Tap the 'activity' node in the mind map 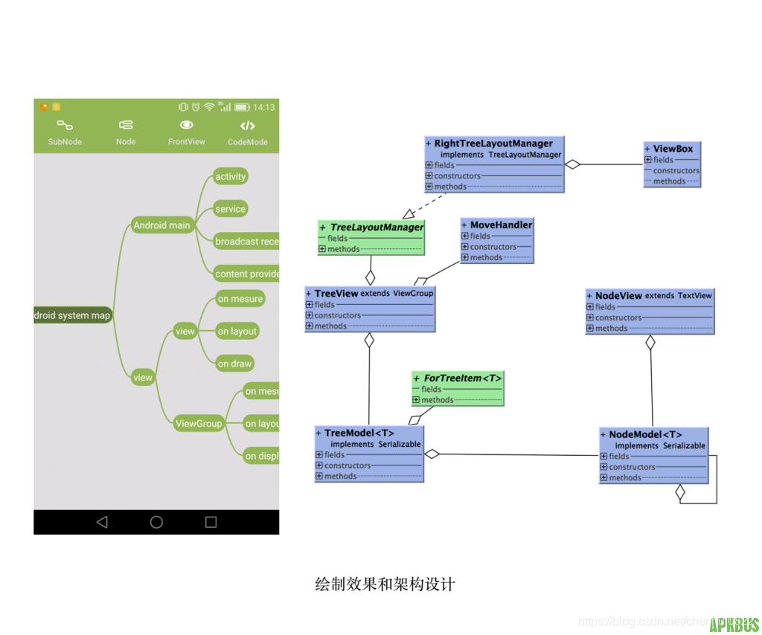tap(230, 177)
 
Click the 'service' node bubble tap(230, 210)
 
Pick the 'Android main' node tap(161, 225)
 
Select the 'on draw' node tap(234, 364)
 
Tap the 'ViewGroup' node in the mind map tap(199, 424)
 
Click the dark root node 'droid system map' tap(72, 315)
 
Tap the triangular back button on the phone tap(102, 522)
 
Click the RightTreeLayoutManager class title tap(493, 144)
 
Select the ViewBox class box tap(672, 165)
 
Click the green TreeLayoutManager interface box tap(371, 237)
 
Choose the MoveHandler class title tap(501, 225)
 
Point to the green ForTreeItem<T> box tap(458, 388)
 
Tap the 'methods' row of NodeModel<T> tap(625, 477)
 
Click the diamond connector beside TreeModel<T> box tap(432, 454)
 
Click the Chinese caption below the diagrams tap(385, 584)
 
